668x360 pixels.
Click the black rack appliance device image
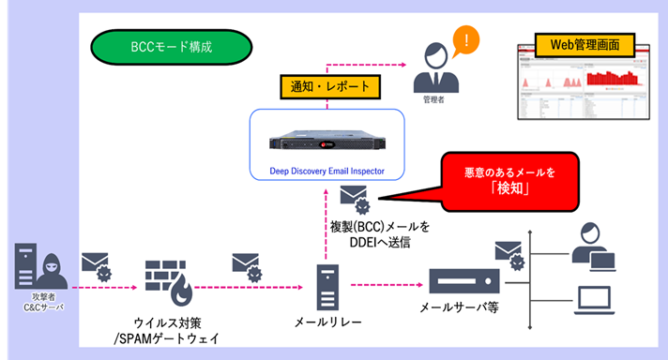(x=327, y=140)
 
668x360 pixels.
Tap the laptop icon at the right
(x=594, y=300)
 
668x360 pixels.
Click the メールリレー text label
(x=327, y=323)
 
